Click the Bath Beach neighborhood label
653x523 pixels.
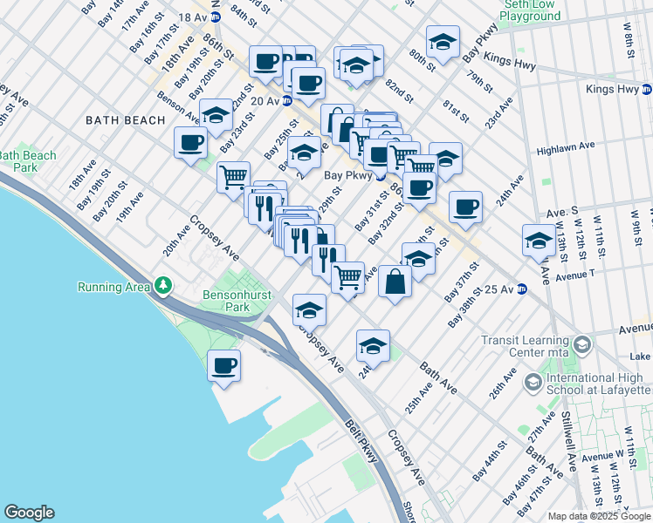[125, 120]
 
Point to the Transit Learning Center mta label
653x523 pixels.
[532, 347]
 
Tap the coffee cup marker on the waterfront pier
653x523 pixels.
[224, 365]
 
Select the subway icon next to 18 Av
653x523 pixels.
[215, 17]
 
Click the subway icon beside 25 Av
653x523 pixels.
[522, 289]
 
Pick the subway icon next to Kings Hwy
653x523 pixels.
[646, 90]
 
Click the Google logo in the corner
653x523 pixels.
[29, 512]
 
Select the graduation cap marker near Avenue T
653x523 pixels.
[539, 240]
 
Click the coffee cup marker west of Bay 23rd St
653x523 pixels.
[189, 143]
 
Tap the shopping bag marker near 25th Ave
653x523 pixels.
[395, 281]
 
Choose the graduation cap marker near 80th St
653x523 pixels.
[443, 42]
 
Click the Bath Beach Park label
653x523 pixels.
[28, 161]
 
